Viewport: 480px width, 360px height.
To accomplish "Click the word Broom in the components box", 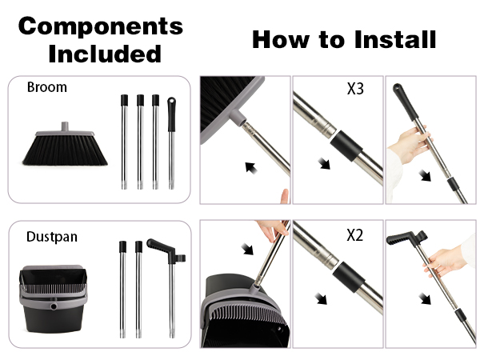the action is [47, 87].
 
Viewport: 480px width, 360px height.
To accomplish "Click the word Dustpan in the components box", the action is [52, 237].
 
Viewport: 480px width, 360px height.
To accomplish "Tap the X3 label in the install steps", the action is [355, 89].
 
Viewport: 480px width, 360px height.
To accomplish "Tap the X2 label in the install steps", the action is [355, 235].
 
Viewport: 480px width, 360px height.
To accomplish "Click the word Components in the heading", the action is [101, 27].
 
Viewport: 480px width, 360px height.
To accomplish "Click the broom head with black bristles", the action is [65, 145].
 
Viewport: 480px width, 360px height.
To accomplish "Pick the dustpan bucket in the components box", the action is [54, 298].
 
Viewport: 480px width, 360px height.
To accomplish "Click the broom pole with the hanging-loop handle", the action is [171, 143].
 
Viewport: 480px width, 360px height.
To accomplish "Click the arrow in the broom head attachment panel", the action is [251, 168].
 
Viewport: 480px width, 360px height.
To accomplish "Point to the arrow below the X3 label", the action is [325, 163].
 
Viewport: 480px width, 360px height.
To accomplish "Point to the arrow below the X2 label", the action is [321, 298].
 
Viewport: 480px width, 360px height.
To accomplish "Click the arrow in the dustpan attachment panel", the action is [247, 249].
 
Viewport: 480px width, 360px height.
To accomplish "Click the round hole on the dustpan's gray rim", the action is [54, 306].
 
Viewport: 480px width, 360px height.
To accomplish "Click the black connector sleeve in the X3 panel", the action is [346, 146].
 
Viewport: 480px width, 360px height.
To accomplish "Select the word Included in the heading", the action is [105, 54].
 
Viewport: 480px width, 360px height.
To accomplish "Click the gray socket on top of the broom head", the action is [65, 126].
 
